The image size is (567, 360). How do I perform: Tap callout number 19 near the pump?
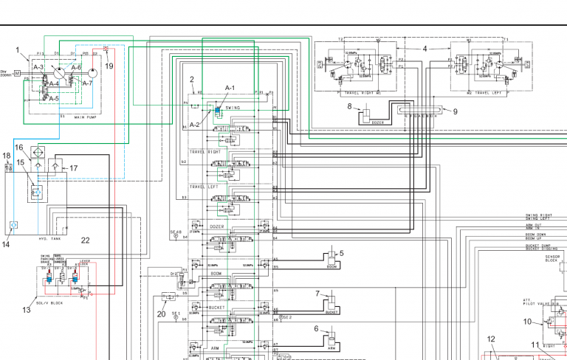click(x=109, y=66)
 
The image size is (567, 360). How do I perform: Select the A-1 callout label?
click(x=230, y=88)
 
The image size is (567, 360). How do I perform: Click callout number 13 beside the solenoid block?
click(x=27, y=310)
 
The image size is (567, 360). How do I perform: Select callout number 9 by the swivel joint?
click(x=455, y=112)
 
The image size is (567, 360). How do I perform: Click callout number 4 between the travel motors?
click(x=425, y=49)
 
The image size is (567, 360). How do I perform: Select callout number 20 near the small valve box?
click(x=162, y=313)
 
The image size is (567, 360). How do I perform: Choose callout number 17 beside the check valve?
click(x=73, y=169)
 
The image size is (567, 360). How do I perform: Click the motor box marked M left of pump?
click(x=17, y=74)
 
